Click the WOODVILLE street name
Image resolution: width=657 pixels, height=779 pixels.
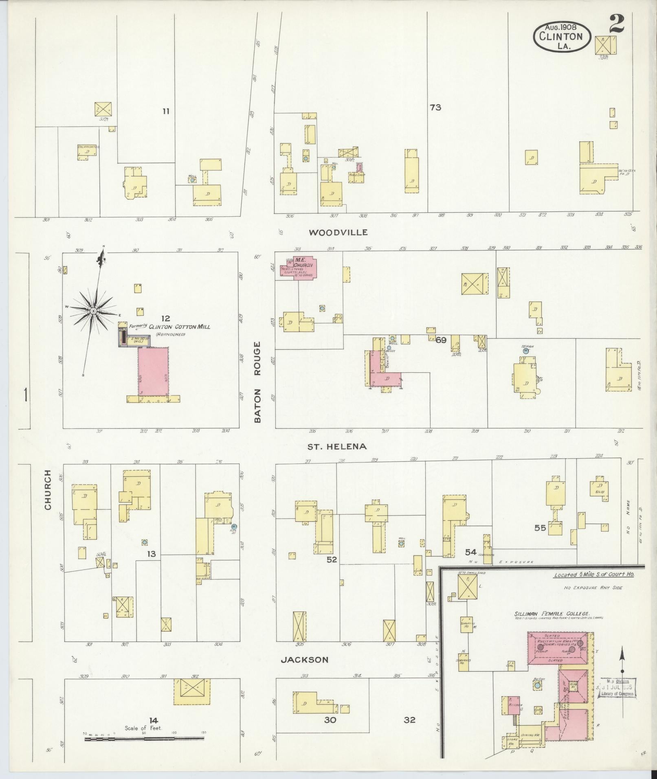(338, 233)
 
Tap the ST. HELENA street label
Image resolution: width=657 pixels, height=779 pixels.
(337, 446)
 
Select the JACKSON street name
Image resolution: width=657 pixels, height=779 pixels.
(305, 660)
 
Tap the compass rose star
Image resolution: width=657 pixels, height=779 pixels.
(93, 311)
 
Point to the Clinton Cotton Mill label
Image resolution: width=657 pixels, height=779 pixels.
(180, 327)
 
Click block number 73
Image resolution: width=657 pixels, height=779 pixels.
(435, 108)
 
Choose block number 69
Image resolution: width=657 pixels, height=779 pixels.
(441, 340)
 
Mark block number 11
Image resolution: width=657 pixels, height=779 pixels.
(165, 111)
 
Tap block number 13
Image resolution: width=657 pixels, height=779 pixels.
(152, 554)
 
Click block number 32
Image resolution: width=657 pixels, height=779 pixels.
(409, 720)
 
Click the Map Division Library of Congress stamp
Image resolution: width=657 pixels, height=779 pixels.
(617, 688)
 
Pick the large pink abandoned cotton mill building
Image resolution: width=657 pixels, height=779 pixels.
(153, 371)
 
